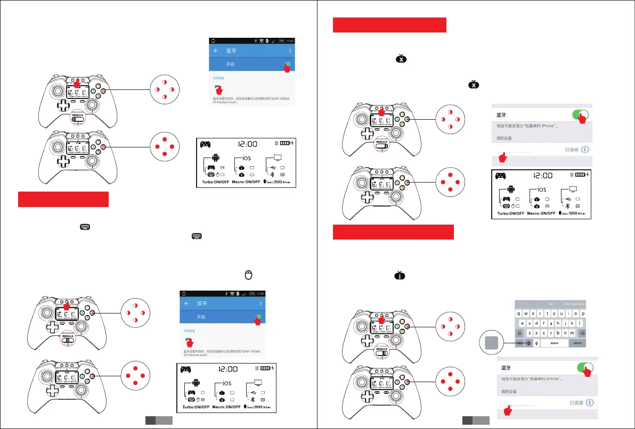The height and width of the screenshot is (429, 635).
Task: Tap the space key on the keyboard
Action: [554, 343]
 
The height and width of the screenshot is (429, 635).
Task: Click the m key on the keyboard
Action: [571, 333]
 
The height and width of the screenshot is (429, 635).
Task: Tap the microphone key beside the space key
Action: [536, 343]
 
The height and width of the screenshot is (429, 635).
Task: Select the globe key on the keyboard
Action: [528, 343]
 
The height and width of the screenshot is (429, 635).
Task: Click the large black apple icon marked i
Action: [401, 275]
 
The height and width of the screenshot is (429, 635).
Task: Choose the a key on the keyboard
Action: [524, 323]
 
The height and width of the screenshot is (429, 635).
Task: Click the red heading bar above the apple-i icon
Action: [393, 232]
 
